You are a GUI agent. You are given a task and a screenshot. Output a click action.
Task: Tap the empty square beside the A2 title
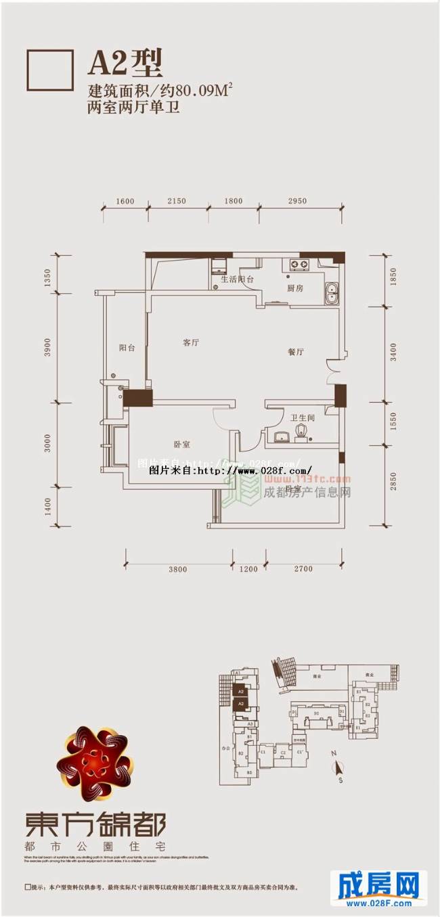tap(49, 70)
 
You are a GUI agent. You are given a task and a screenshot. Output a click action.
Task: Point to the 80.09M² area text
tap(203, 89)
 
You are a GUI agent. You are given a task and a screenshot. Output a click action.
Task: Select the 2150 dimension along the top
tap(176, 201)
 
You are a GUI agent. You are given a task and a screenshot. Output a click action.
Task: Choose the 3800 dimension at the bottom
tap(177, 569)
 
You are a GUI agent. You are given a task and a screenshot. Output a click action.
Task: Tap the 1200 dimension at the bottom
tap(248, 569)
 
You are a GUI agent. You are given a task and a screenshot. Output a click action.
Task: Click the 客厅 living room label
tap(191, 342)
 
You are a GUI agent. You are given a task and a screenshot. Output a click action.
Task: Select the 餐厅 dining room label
tap(294, 352)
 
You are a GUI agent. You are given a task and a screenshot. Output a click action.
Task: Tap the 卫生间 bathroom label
tap(303, 418)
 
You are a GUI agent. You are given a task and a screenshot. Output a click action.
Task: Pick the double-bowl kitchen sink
tap(332, 294)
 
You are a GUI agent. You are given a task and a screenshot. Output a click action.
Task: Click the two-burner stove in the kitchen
tap(298, 263)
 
